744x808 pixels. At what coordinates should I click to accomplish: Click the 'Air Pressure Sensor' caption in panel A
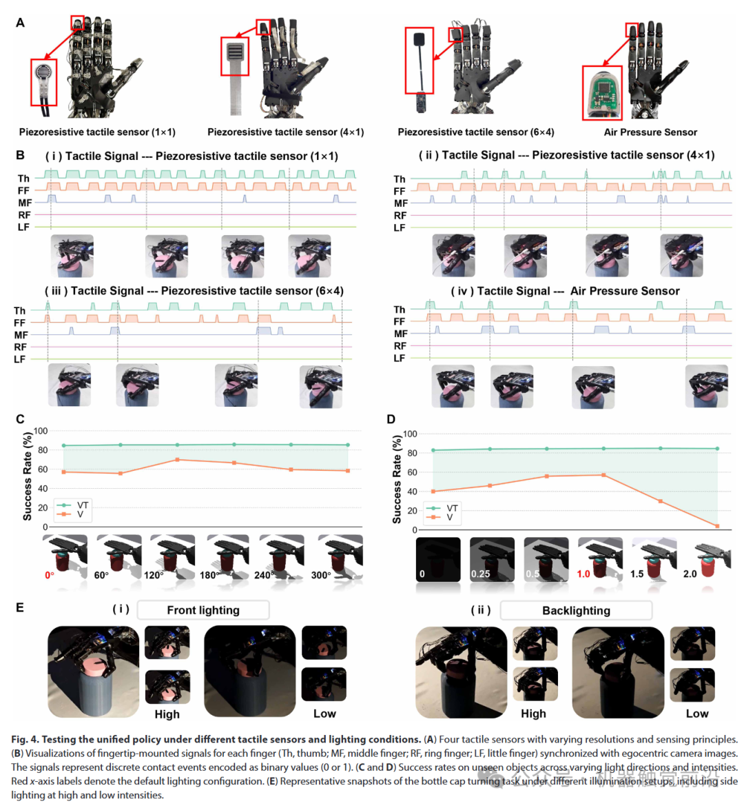coord(650,132)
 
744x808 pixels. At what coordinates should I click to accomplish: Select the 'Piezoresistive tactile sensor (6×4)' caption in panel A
coord(475,132)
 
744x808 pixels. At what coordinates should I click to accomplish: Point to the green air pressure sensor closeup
coord(602,93)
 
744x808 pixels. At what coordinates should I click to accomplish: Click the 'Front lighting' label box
coord(203,610)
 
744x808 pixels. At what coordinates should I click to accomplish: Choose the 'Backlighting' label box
coord(576,610)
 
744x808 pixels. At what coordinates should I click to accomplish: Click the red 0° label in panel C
coord(50,575)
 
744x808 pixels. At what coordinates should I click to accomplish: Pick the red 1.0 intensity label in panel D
coord(583,574)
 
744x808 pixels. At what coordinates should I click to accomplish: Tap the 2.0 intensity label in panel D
coord(690,574)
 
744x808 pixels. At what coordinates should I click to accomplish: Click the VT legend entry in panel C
coord(83,505)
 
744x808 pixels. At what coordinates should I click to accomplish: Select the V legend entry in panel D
coord(450,517)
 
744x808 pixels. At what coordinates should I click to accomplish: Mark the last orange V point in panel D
coord(717,526)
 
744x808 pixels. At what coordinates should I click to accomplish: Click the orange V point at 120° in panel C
coord(178,460)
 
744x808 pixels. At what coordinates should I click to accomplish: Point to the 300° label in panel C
coord(321,575)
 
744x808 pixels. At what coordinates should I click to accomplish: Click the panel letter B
coord(21,155)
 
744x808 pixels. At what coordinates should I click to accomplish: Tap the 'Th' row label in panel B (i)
coord(24,179)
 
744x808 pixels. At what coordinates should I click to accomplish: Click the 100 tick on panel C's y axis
coord(41,432)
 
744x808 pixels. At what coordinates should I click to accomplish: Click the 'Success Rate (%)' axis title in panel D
coord(397,479)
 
